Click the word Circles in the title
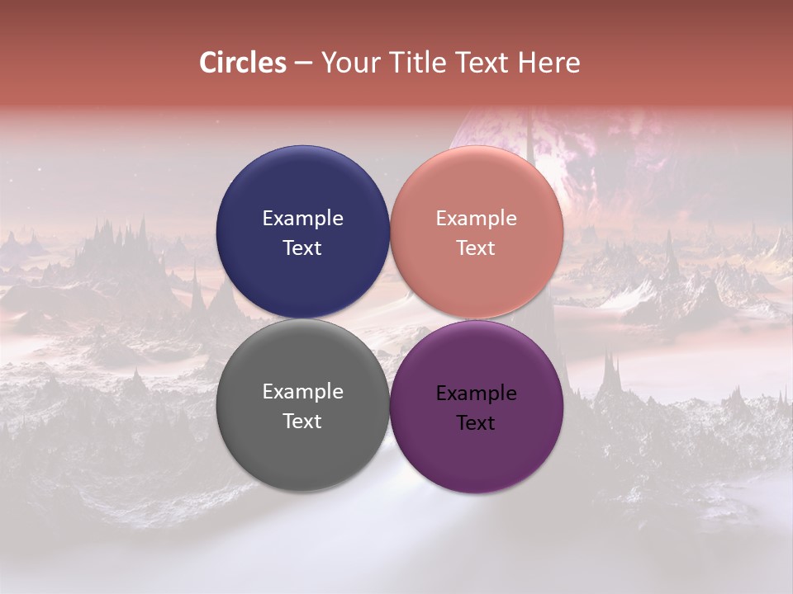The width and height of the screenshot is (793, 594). coord(243,63)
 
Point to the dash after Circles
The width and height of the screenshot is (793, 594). coord(303,64)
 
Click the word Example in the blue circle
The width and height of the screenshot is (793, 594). coord(302,219)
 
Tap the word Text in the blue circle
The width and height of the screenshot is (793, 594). coord(302,247)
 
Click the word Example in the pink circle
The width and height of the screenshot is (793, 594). coord(477,219)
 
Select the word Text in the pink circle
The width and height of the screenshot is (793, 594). coord(477,247)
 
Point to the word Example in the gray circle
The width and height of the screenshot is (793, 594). coord(302,392)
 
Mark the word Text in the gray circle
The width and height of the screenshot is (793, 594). coord(302,421)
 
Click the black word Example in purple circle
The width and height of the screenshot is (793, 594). coord(477,394)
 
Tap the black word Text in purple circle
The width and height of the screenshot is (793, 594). coord(477,423)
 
